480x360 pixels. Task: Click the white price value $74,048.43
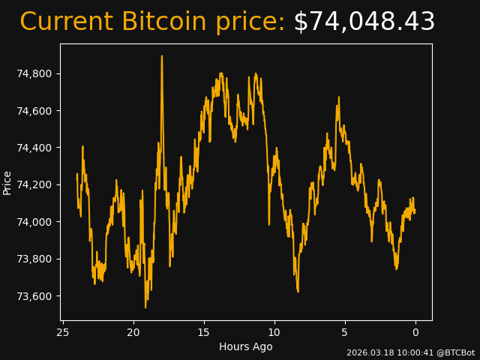point(364,22)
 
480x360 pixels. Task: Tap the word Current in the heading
point(66,22)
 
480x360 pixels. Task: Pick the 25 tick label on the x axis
point(63,332)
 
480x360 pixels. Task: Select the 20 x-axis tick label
point(133,332)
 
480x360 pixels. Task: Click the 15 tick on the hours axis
point(204,332)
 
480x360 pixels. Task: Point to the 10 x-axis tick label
point(274,332)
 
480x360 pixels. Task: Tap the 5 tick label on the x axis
point(345,332)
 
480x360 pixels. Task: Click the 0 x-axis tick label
point(415,332)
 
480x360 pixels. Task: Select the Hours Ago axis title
point(246,346)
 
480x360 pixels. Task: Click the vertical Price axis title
point(7,182)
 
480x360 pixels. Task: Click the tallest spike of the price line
point(161,56)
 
